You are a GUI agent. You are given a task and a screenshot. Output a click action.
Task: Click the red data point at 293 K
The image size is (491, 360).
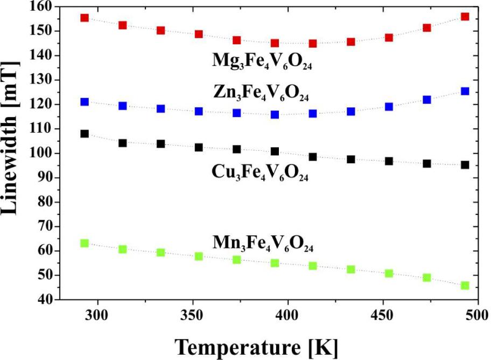[x=85, y=18]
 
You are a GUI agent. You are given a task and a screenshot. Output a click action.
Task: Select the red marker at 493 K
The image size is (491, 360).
[x=465, y=17]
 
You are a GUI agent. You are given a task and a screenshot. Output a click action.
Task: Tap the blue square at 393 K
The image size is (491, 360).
[x=275, y=114]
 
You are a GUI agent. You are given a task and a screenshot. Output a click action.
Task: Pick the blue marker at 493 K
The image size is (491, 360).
[x=465, y=91]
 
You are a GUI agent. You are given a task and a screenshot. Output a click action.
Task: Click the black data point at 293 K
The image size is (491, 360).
[x=85, y=134]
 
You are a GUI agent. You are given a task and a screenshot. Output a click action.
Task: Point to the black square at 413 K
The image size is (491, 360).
[x=313, y=157]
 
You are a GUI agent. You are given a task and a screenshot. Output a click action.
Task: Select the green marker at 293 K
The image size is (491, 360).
[x=85, y=243]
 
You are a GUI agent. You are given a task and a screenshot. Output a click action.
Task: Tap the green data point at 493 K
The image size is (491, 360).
[x=465, y=285]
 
